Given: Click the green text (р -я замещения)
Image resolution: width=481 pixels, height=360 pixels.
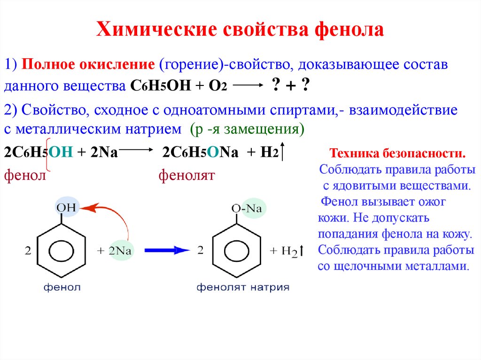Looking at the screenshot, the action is (x=248, y=129).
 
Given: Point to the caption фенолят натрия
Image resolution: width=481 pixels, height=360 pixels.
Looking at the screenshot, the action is (x=243, y=287).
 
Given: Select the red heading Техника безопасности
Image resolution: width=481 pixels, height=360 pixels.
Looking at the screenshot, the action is (x=397, y=153).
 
